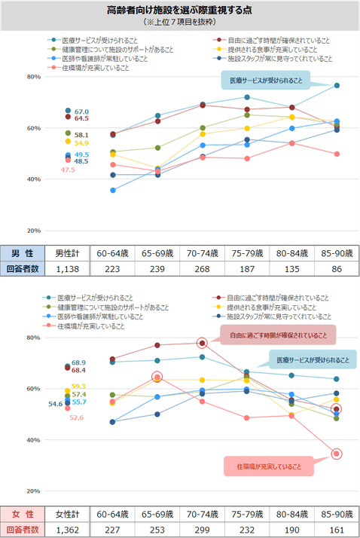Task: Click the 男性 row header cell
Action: pos(20,252)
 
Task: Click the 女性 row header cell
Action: pos(20,514)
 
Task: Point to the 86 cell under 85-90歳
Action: pos(337,267)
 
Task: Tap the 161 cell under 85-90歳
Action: pos(337,529)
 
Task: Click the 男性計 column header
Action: pos(68,252)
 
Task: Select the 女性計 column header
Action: pos(68,514)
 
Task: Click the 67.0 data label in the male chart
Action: pos(81,112)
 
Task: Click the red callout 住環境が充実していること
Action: pos(267,467)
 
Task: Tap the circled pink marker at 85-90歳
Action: pos(337,454)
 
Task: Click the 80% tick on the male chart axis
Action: pos(34,77)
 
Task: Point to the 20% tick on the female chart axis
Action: pos(34,491)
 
